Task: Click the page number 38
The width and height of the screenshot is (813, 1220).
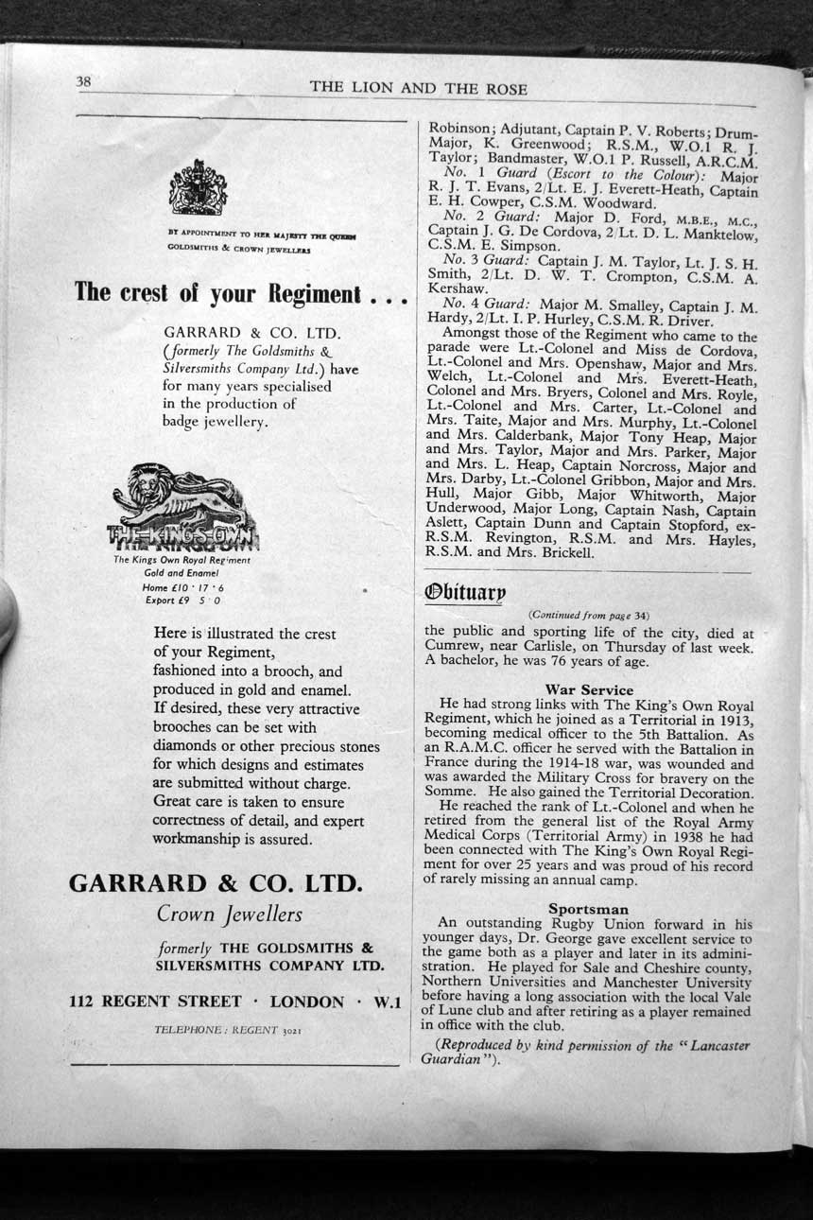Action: pyautogui.click(x=83, y=82)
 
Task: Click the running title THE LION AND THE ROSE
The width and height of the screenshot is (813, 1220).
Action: pyautogui.click(x=419, y=88)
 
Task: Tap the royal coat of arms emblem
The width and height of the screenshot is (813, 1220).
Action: pyautogui.click(x=198, y=187)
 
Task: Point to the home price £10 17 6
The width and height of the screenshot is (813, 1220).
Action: pyautogui.click(x=182, y=587)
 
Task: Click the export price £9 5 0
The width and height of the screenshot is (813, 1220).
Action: pyautogui.click(x=183, y=601)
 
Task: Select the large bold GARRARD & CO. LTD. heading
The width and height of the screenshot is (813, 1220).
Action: pyautogui.click(x=216, y=883)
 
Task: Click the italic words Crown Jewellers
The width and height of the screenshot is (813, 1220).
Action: pyautogui.click(x=230, y=915)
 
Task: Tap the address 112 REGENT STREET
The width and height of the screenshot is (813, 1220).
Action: pyautogui.click(x=160, y=1002)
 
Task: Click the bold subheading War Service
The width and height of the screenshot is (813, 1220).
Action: pyautogui.click(x=589, y=690)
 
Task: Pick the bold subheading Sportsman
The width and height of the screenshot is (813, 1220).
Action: pyautogui.click(x=588, y=909)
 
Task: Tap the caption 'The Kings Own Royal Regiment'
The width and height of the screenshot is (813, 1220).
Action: pyautogui.click(x=182, y=561)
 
